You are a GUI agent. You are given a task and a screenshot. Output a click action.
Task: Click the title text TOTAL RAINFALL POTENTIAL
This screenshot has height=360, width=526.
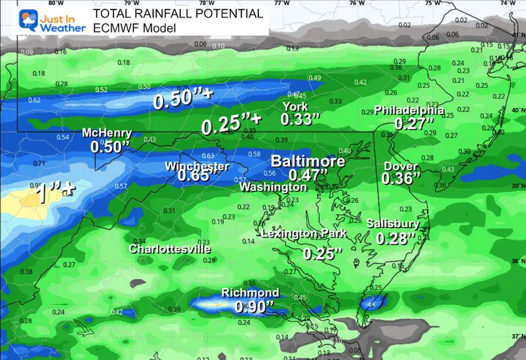[x=178, y=13]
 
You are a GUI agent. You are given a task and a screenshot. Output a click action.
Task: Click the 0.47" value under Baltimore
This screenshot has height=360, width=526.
[x=307, y=175]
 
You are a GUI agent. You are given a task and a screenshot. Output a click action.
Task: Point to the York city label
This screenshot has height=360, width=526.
[x=295, y=106]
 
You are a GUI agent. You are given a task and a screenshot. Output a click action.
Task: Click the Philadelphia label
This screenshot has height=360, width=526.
[x=409, y=110]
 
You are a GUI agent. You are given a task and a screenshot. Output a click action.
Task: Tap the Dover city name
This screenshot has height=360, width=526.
[x=401, y=166]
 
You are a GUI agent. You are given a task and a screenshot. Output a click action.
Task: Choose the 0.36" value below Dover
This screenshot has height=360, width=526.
[x=401, y=179]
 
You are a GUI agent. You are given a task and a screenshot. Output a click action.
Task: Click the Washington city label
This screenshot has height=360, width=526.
[x=273, y=187]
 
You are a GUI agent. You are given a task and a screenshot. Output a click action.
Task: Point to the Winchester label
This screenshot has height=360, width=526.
[x=197, y=166]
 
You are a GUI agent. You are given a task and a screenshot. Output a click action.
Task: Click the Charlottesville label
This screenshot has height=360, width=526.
[x=170, y=249]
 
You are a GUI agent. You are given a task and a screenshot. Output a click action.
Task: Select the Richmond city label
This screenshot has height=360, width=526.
[x=250, y=293]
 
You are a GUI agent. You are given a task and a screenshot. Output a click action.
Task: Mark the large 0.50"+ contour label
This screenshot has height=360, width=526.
[x=183, y=100]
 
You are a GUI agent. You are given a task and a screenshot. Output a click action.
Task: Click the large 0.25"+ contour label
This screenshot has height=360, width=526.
[x=231, y=125]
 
